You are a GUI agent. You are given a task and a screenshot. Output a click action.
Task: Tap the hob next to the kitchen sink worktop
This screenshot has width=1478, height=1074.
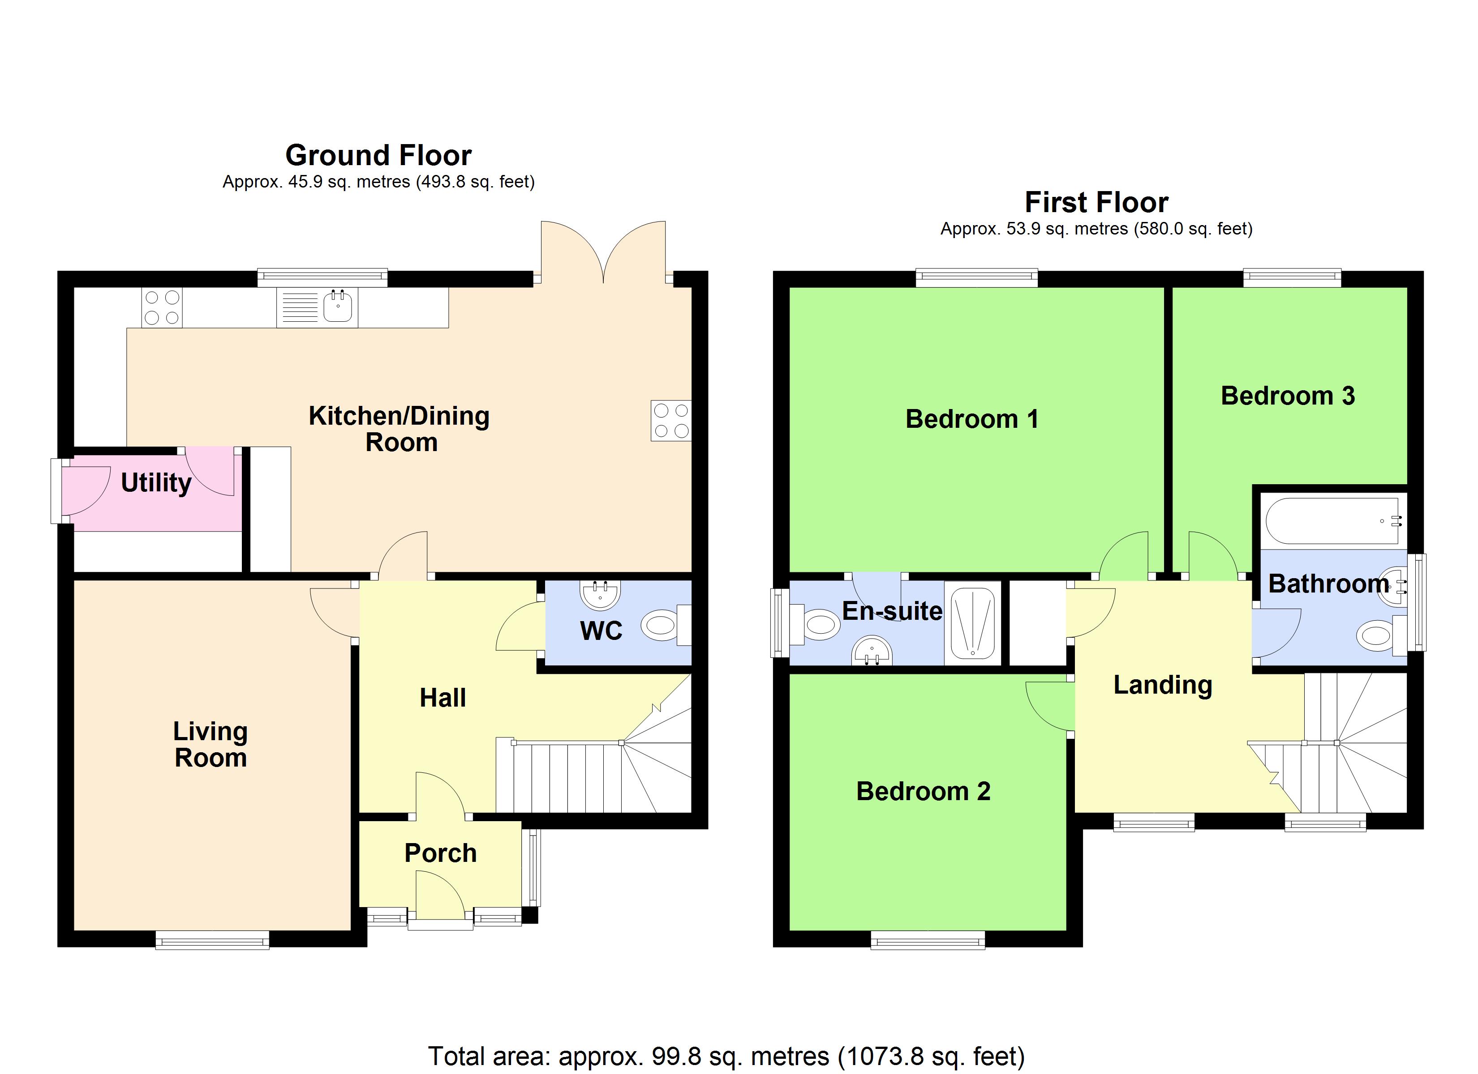point(162,307)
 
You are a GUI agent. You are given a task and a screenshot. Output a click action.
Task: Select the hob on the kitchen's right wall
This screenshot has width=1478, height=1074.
point(670,421)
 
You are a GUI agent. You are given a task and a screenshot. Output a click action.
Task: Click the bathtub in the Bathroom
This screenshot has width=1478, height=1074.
point(1333,521)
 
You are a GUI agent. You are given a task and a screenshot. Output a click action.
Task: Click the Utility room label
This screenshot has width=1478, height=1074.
point(156,482)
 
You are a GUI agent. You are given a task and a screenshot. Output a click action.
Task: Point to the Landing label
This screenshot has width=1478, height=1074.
point(1163,685)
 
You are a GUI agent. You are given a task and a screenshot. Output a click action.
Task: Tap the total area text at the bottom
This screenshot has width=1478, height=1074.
point(726,1056)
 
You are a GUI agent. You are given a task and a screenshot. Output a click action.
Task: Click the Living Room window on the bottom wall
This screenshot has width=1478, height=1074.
point(212,940)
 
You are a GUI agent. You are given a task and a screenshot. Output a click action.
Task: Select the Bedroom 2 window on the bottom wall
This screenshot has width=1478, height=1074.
point(928,940)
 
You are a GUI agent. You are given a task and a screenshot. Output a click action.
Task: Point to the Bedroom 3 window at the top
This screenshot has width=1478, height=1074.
point(1292,278)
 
